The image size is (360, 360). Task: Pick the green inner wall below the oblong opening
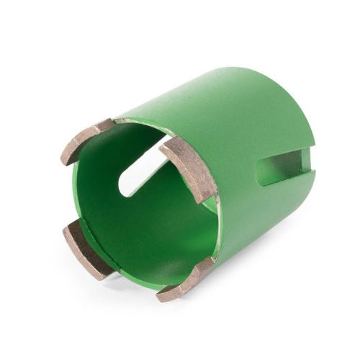[144, 230]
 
